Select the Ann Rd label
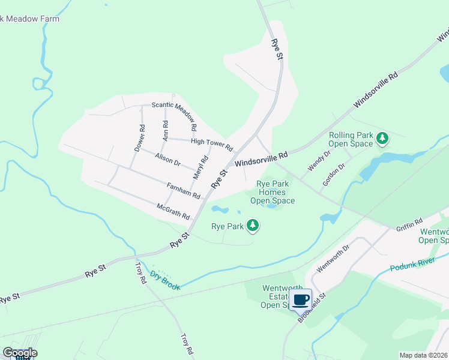point(166,130)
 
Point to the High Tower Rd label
point(211,143)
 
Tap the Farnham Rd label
point(183,190)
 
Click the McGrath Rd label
point(173,211)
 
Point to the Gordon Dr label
point(333,175)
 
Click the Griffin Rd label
point(409,224)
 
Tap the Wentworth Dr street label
point(333,258)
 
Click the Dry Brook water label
point(165,280)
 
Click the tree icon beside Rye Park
point(253,226)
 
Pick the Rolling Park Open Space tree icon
point(382,139)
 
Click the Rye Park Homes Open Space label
point(273,192)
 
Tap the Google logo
point(20,352)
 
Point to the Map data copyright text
point(423,355)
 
